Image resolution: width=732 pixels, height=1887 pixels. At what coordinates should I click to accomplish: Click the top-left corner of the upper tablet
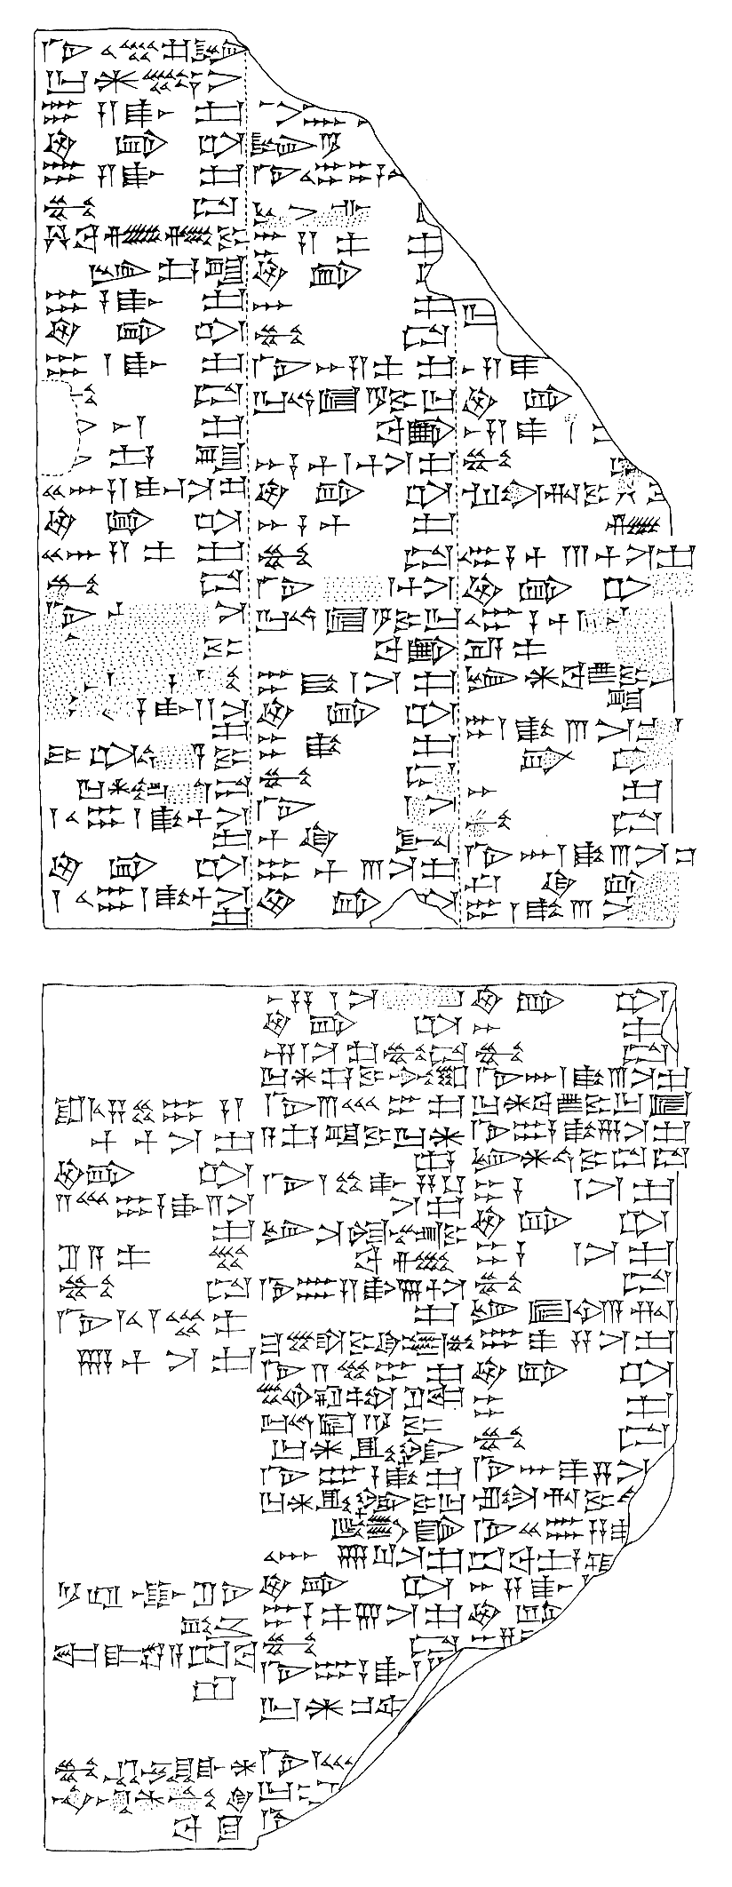click(x=36, y=33)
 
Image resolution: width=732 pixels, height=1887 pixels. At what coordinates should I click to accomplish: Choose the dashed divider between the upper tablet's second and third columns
click(x=459, y=622)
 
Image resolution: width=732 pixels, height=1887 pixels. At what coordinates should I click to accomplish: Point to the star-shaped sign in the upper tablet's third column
click(x=537, y=677)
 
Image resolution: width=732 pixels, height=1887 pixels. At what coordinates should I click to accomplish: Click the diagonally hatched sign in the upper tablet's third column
click(x=636, y=522)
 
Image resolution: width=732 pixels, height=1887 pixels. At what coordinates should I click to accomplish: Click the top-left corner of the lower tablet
click(x=43, y=984)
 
